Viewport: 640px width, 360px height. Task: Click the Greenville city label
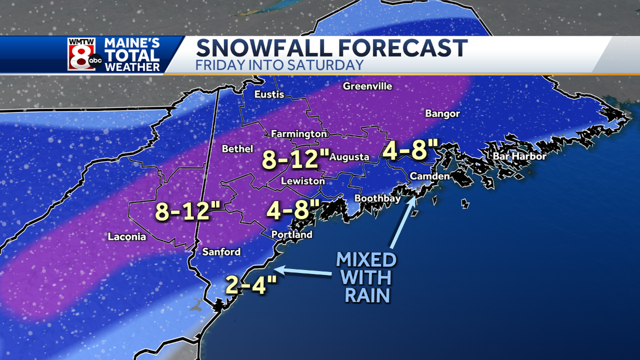[x=367, y=86]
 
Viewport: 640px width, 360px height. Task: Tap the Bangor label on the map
[x=442, y=114]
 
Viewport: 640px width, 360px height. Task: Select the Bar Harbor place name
[x=516, y=156]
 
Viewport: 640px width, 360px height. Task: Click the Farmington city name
[x=299, y=133]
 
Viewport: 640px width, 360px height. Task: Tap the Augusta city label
[x=349, y=157]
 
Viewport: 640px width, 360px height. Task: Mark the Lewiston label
[x=303, y=181]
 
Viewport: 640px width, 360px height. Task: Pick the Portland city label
[x=292, y=235]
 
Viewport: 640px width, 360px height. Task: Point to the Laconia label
[x=126, y=237]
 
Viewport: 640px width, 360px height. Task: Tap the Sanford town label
[x=221, y=252]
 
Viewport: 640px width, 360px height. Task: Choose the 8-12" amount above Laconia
[x=184, y=212]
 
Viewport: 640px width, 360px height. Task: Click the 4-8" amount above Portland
[x=293, y=209]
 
